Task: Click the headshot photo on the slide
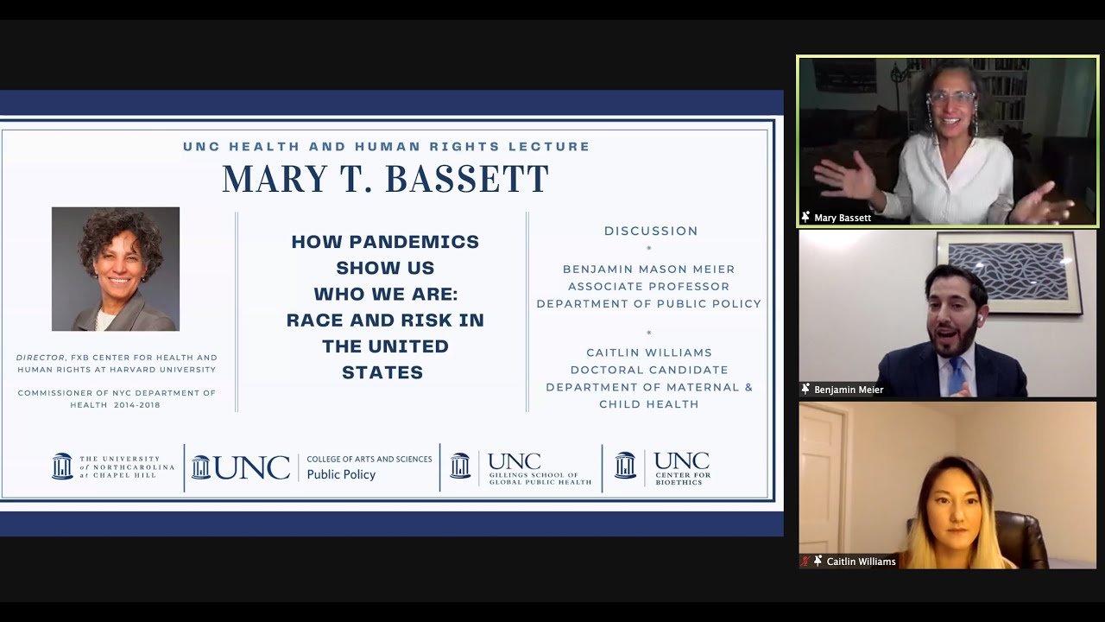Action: tap(116, 269)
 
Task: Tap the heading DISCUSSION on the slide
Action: tap(651, 231)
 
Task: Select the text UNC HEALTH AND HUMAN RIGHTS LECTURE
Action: tap(386, 147)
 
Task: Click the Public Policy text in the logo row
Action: tap(341, 474)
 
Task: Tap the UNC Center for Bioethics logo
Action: tap(662, 467)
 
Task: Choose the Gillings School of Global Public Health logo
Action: tap(521, 467)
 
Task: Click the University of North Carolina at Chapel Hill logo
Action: tap(113, 466)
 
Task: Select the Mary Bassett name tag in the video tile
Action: tap(842, 218)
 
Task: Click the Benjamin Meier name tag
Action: tap(848, 390)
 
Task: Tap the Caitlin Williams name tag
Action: tap(860, 562)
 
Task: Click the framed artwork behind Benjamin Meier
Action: tap(1008, 270)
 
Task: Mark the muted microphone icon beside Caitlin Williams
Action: tap(805, 562)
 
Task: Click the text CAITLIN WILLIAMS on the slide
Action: tap(649, 352)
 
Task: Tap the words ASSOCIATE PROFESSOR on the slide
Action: tap(648, 286)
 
